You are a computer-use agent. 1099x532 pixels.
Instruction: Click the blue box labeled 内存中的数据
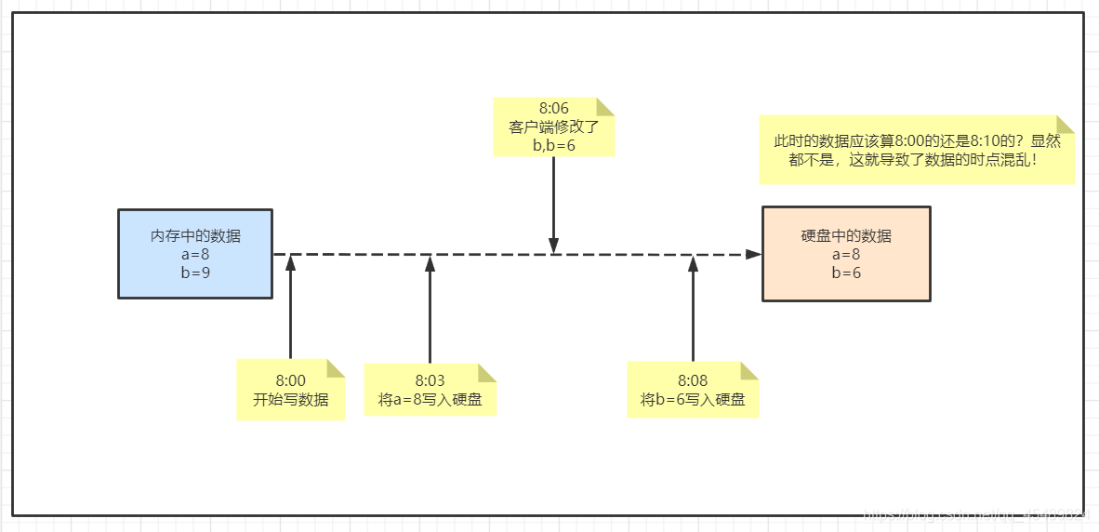pyautogui.click(x=195, y=253)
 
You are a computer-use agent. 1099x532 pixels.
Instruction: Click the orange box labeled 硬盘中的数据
pyautogui.click(x=845, y=253)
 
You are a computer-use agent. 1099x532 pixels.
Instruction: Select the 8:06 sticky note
pyautogui.click(x=553, y=126)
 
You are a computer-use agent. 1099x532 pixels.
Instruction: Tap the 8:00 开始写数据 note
pyautogui.click(x=290, y=390)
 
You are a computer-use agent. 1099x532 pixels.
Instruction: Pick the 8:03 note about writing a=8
pyautogui.click(x=430, y=390)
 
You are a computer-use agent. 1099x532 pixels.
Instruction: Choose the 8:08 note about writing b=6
pyautogui.click(x=693, y=390)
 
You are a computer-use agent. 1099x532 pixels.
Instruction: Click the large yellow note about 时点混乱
pyautogui.click(x=916, y=151)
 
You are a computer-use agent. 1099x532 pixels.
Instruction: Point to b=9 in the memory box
pyautogui.click(x=195, y=273)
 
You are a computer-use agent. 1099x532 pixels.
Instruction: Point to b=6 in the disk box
pyautogui.click(x=846, y=273)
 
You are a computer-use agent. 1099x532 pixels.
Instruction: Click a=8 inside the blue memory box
pyautogui.click(x=195, y=255)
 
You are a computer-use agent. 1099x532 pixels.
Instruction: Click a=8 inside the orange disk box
pyautogui.click(x=846, y=254)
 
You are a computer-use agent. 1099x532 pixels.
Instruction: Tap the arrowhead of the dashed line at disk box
pyautogui.click(x=753, y=254)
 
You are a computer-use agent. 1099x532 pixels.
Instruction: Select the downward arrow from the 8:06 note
pyautogui.click(x=553, y=205)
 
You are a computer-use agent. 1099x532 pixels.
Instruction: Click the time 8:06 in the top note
pyautogui.click(x=553, y=109)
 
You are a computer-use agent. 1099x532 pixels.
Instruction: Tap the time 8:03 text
pyautogui.click(x=430, y=380)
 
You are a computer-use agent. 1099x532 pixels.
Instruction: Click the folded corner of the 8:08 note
pyautogui.click(x=748, y=370)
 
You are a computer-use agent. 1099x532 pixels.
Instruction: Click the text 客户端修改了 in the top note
pyautogui.click(x=553, y=127)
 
